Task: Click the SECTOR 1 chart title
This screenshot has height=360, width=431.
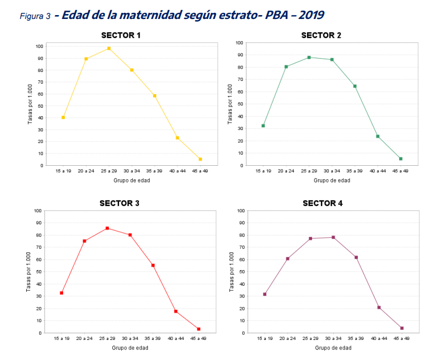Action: tap(121, 36)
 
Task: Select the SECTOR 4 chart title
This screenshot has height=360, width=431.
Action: tap(323, 203)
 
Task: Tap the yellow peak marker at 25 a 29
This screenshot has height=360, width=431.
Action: tap(109, 49)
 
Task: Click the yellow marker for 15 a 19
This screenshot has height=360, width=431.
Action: tap(63, 118)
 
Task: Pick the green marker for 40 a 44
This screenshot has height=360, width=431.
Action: tap(377, 136)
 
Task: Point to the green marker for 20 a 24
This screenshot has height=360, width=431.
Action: tap(286, 67)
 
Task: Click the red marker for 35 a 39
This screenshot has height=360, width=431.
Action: tap(153, 265)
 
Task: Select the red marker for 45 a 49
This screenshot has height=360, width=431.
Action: tap(198, 329)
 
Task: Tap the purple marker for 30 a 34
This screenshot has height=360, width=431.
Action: tap(333, 237)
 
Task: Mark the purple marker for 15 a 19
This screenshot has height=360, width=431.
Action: tap(265, 294)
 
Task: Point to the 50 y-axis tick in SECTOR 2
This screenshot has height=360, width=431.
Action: tap(239, 104)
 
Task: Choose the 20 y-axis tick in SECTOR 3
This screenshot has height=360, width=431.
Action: tap(39, 309)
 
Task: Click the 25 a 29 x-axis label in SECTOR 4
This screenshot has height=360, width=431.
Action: tap(310, 338)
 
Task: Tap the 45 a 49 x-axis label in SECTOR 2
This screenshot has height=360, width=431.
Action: tap(400, 171)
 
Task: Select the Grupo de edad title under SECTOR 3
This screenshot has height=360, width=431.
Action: tap(130, 348)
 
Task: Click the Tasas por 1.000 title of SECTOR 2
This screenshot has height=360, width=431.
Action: tap(230, 104)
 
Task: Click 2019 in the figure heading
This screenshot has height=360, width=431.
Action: tap(312, 15)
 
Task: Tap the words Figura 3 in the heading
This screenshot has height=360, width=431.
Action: tap(35, 16)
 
